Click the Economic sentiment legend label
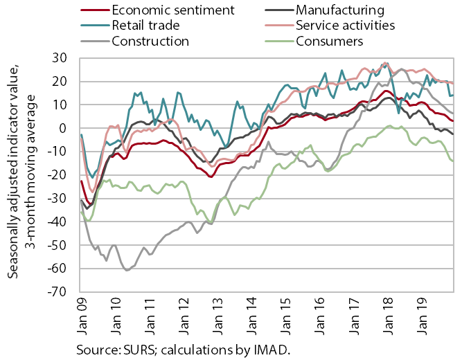(173, 10)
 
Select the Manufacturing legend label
(340, 10)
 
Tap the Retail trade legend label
(145, 26)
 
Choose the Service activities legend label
(346, 26)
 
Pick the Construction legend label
(150, 42)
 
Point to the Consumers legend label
(330, 42)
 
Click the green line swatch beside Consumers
(279, 42)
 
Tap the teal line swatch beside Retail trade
(95, 26)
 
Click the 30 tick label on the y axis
(60, 58)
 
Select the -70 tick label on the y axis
(57, 291)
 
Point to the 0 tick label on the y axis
(63, 128)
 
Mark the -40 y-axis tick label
(57, 222)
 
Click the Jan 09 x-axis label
(82, 316)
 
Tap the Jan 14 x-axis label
(252, 316)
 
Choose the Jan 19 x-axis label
(422, 316)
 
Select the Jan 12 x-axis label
(184, 316)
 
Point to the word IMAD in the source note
(271, 350)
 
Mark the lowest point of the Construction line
(127, 270)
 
